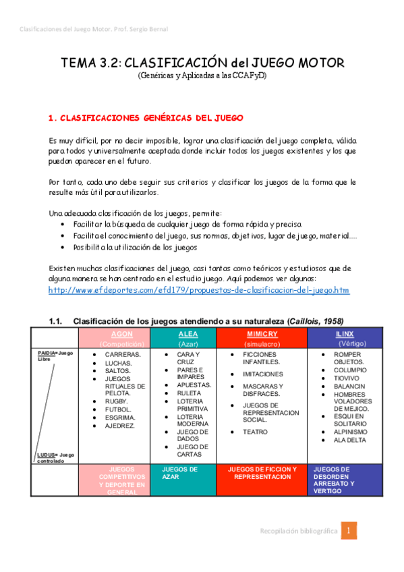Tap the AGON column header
pos(121,334)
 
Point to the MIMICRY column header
pos(262,334)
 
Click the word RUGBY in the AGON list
pos(119,401)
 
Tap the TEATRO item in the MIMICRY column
pos(255,432)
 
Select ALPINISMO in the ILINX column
pos(350,432)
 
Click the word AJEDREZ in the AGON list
pos(121,425)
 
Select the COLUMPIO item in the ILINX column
pos(350,370)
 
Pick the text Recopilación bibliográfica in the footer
pos(299,532)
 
